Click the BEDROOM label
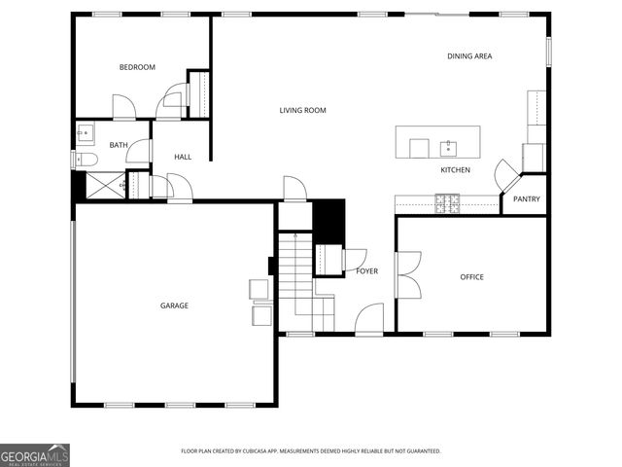point(137,67)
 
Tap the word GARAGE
point(174,305)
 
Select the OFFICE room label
point(471,277)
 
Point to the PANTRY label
point(527,200)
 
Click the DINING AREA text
point(469,56)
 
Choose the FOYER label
point(366,271)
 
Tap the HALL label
point(183,157)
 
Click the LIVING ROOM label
point(302,111)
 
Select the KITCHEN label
point(455,170)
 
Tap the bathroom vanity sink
point(84,131)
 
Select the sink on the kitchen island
point(448,148)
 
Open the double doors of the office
point(406,275)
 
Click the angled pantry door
point(506,175)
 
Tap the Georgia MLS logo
point(35,454)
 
